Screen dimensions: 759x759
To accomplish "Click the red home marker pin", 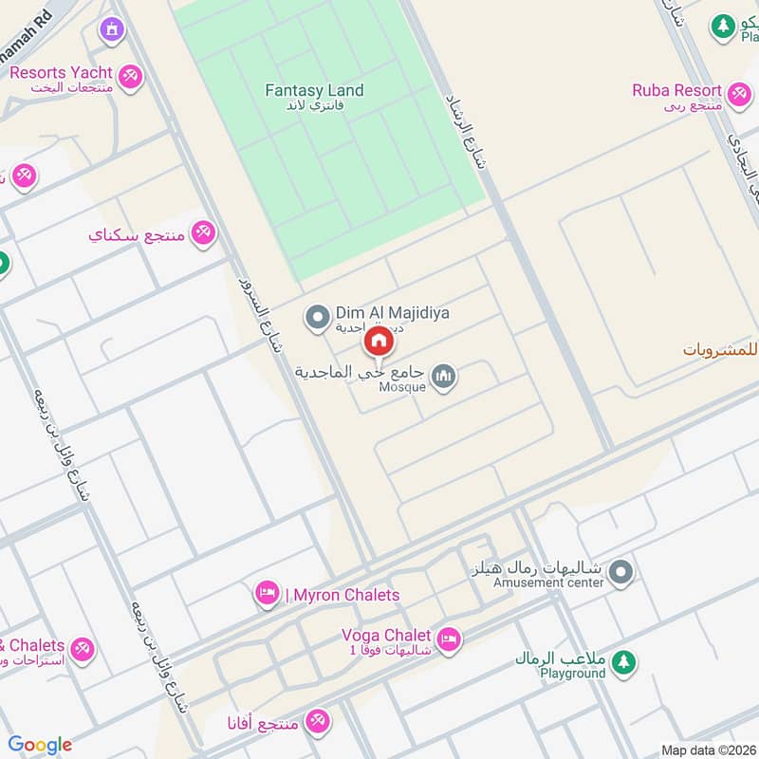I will (378, 341).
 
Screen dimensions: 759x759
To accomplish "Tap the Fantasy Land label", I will (314, 91).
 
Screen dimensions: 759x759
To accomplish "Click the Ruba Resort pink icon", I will (739, 92).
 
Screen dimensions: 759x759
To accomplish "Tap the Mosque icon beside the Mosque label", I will (443, 379).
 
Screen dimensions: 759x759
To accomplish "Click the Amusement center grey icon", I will (621, 571).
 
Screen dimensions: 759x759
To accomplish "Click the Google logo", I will (40, 745).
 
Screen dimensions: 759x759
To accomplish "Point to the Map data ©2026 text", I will (708, 750).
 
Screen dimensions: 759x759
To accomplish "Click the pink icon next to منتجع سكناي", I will (203, 232).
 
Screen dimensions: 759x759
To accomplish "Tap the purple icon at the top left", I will (113, 31).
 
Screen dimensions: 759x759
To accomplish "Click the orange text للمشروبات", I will (721, 350).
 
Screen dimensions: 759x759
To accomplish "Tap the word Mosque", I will (403, 387).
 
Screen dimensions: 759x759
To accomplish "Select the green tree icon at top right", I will (724, 26).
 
